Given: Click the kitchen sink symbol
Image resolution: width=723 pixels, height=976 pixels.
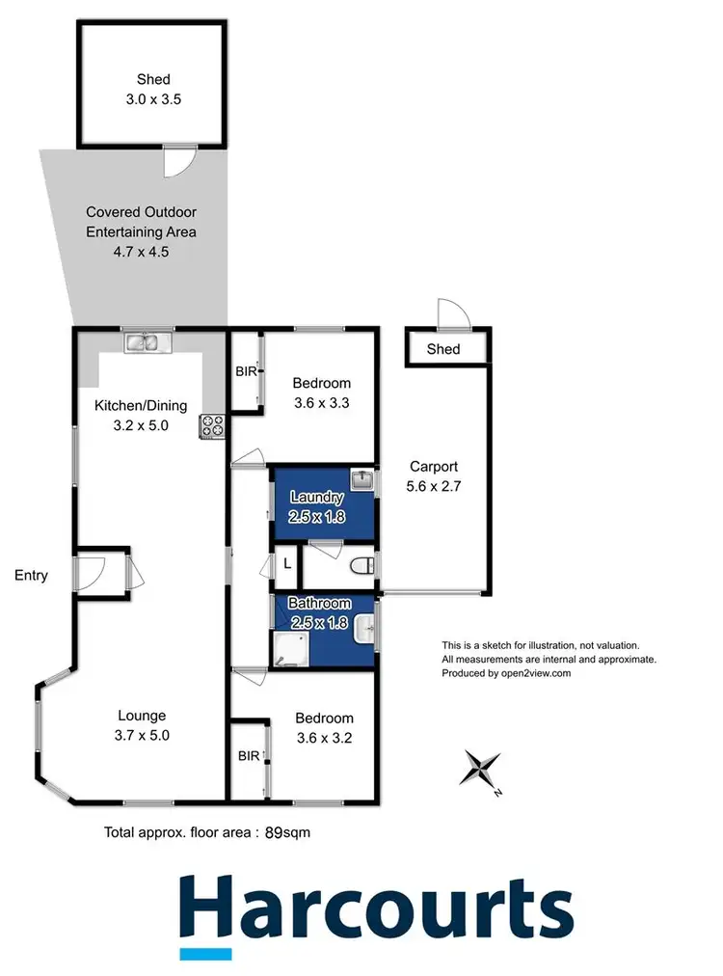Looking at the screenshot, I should [147, 340].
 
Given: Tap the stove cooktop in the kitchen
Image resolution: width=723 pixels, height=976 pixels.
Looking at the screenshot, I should [211, 425].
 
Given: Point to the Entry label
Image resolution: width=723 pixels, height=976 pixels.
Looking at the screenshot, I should [31, 576].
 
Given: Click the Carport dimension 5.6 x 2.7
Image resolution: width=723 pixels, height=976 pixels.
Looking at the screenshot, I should [435, 487].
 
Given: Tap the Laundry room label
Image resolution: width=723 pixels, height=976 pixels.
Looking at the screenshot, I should [318, 498].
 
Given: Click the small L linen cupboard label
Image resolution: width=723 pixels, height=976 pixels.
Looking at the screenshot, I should [287, 565].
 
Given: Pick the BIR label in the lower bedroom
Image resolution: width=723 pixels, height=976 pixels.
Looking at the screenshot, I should [247, 756].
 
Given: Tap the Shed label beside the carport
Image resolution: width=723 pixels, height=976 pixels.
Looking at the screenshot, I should [444, 349].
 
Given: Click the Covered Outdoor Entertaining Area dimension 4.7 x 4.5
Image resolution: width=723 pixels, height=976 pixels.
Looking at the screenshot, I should [142, 251].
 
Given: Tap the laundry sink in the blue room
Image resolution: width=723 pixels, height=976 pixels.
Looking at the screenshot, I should [360, 479].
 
